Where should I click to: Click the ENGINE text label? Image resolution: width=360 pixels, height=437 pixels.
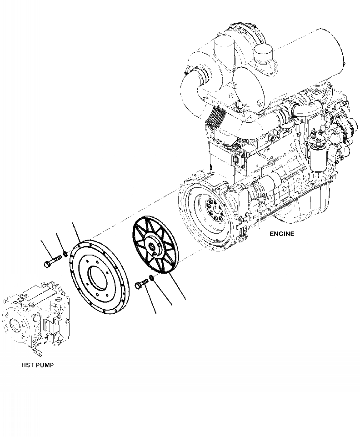point(282,234)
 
